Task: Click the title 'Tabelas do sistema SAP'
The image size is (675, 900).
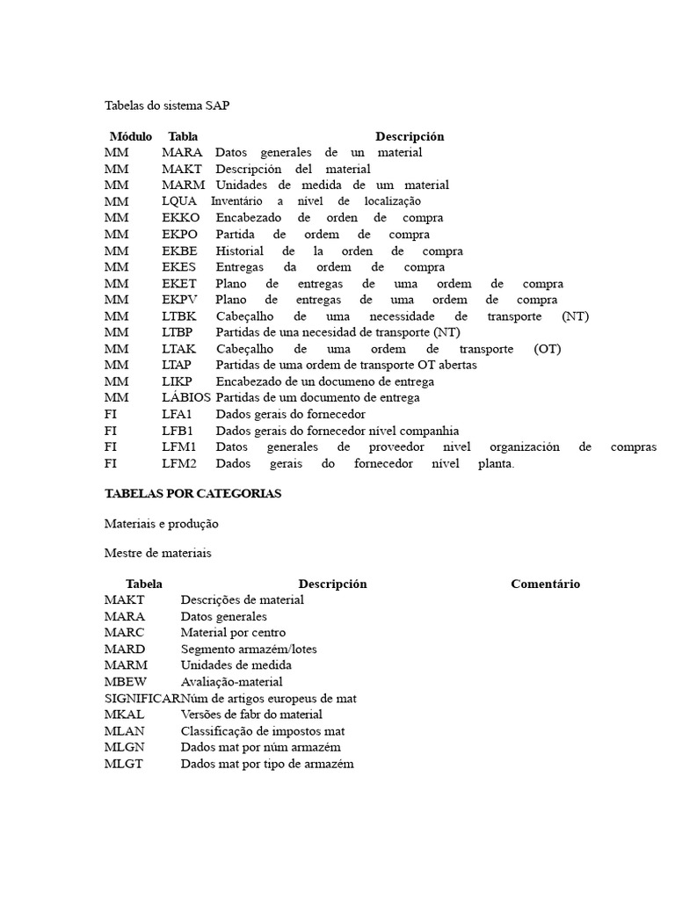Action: click(167, 105)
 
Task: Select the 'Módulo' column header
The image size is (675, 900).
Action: click(130, 136)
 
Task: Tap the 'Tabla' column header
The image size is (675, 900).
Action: click(183, 136)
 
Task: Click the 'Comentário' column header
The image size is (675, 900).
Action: click(545, 584)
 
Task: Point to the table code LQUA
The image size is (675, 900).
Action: click(180, 201)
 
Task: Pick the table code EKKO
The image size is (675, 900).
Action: click(181, 218)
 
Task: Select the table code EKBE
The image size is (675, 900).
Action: click(180, 250)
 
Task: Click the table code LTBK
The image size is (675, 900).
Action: click(179, 316)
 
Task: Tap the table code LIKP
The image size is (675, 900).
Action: click(177, 381)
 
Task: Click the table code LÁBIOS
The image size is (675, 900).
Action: click(186, 398)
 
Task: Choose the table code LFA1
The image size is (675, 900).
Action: click(178, 414)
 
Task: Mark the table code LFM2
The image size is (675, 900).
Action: click(179, 463)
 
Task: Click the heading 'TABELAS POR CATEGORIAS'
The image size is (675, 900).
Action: click(192, 494)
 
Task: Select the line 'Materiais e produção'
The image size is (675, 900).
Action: click(161, 524)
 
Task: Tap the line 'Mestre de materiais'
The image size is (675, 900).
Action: click(157, 554)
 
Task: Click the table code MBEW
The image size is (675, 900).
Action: click(126, 682)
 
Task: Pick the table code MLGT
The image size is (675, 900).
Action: click(123, 764)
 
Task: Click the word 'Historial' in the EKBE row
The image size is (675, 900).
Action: click(239, 250)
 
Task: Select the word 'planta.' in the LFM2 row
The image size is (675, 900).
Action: click(497, 463)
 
